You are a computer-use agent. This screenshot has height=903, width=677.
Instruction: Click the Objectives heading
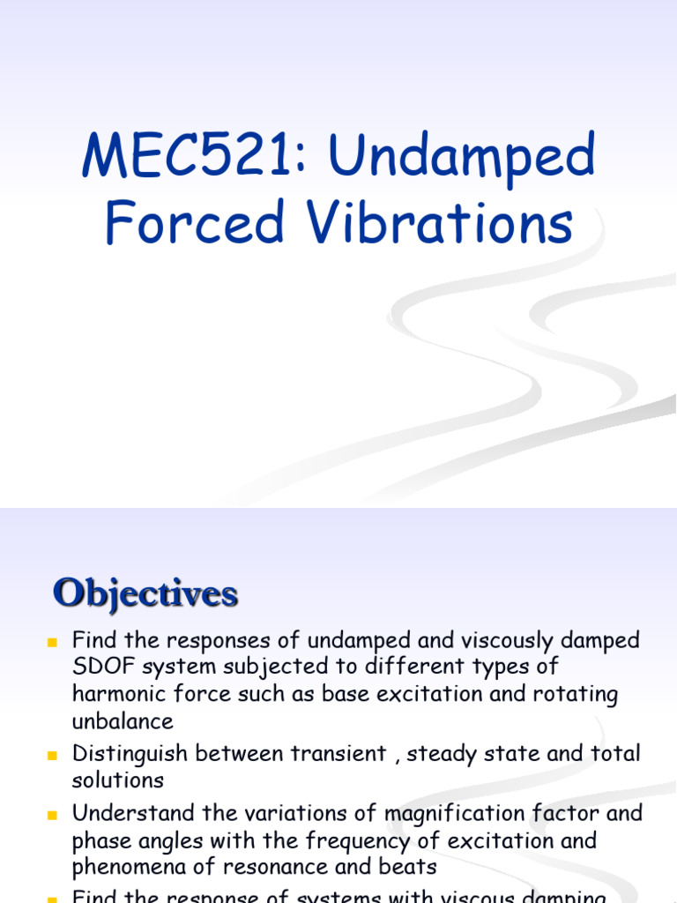point(145,593)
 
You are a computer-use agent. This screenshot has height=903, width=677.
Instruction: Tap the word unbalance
point(123,721)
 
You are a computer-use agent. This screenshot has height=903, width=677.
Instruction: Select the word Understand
point(133,812)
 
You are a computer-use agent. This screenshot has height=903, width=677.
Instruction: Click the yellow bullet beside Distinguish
point(52,755)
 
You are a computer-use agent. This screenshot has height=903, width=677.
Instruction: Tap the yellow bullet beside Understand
point(52,813)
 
